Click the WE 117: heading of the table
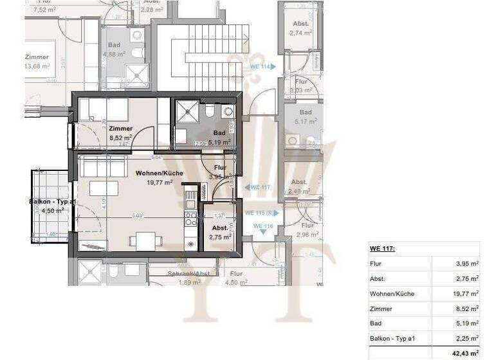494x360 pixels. pyautogui.click(x=382, y=249)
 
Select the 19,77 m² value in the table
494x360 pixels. pyautogui.click(x=466, y=294)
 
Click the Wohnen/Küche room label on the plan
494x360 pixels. pyautogui.click(x=159, y=174)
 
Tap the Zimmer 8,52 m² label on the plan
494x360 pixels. pyautogui.click(x=120, y=132)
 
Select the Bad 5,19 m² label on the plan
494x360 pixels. pyautogui.click(x=219, y=136)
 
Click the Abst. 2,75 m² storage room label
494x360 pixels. pyautogui.click(x=219, y=232)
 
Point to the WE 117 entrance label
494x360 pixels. pyautogui.click(x=259, y=188)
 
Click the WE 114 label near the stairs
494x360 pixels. pyautogui.click(x=259, y=66)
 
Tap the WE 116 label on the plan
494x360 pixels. pyautogui.click(x=263, y=226)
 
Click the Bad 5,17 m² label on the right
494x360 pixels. pyautogui.click(x=304, y=116)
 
